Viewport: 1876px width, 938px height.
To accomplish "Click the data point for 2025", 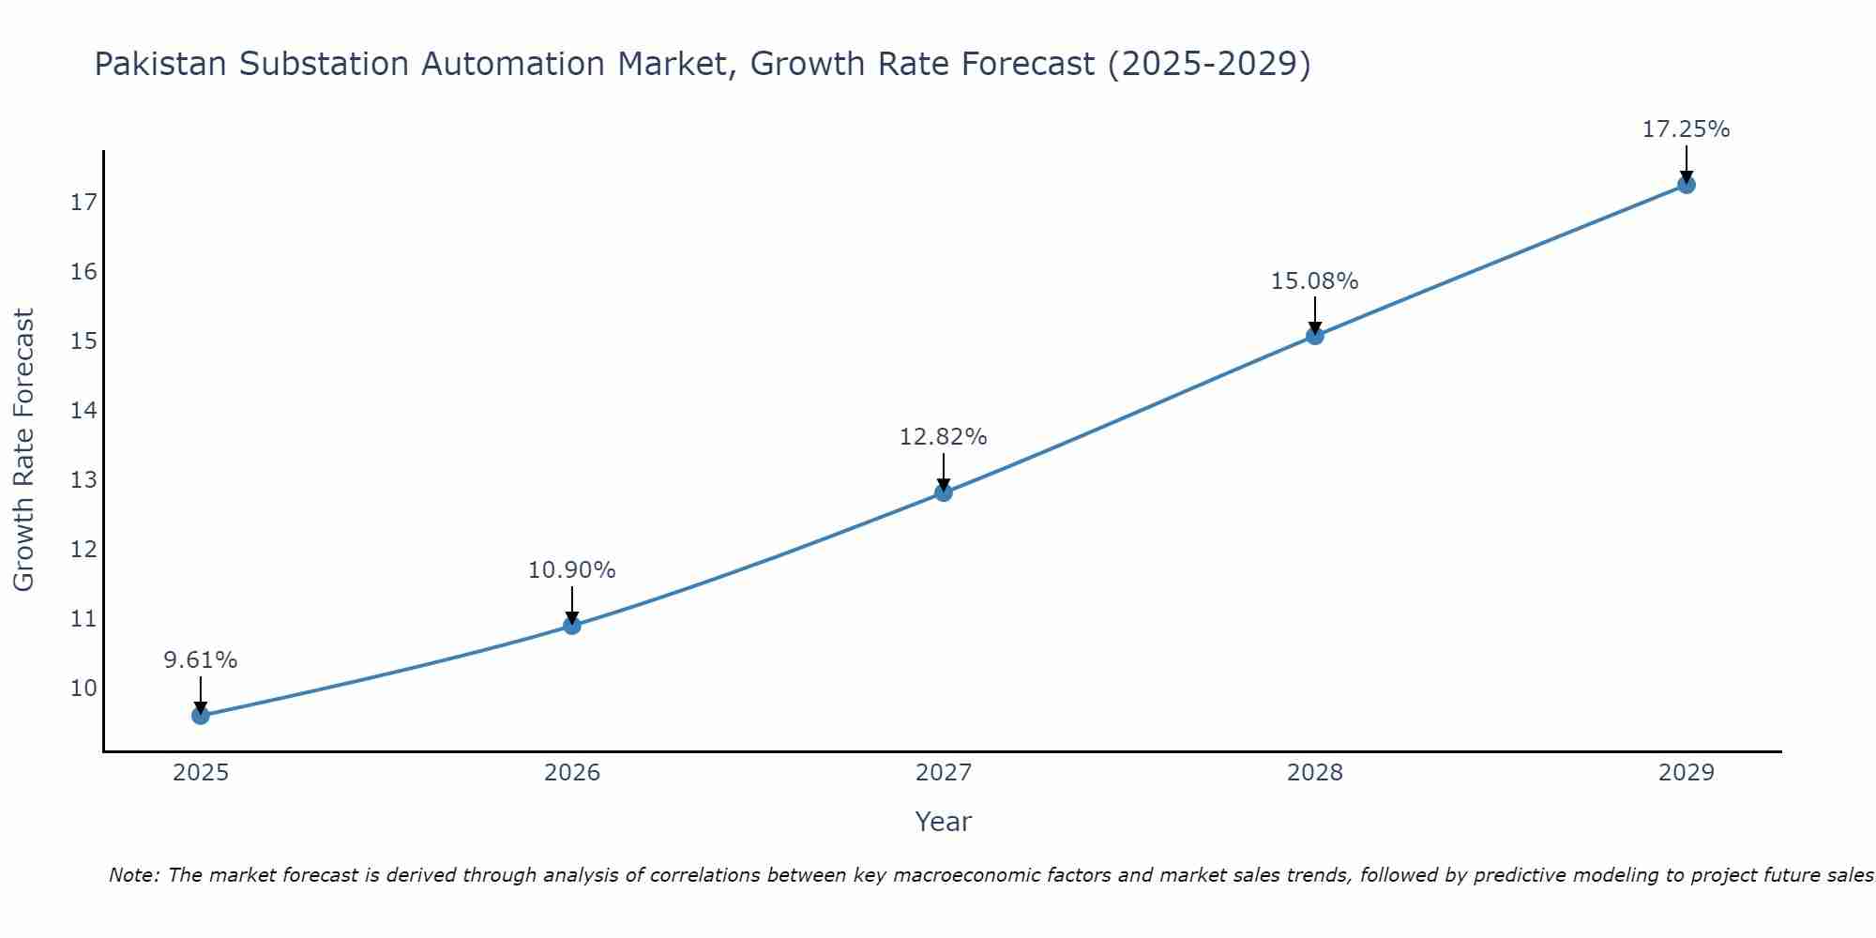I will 201,716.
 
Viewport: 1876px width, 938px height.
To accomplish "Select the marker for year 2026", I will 572,626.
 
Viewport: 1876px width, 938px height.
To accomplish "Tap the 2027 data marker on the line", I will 944,492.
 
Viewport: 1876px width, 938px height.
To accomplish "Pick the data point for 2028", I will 1315,336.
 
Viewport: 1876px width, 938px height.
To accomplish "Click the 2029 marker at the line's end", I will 1687,185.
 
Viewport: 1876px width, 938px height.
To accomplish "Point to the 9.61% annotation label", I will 201,660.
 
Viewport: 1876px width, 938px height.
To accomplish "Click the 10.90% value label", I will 572,570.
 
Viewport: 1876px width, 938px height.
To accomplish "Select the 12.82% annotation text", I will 944,437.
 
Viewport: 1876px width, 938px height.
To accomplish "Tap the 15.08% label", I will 1315,281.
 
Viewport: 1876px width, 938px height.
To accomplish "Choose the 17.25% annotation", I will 1687,129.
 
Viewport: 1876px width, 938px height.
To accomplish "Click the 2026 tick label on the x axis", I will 572,773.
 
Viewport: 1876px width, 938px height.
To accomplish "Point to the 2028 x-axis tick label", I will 1315,773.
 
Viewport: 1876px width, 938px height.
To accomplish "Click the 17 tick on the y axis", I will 83,203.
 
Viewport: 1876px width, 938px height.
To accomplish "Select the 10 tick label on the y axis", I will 83,688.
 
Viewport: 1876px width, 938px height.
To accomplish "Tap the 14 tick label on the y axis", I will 83,411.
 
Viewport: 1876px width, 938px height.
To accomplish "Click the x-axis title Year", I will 944,822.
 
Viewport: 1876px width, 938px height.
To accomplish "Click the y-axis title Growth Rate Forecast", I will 24,450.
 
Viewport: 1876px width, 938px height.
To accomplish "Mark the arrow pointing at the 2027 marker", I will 944,471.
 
